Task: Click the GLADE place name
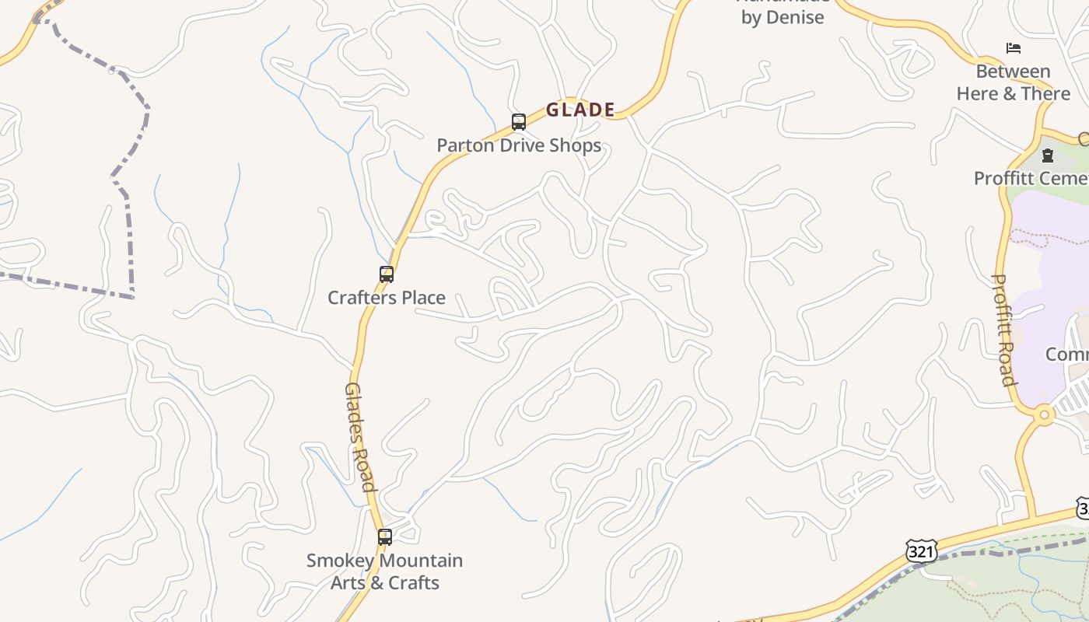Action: click(x=580, y=110)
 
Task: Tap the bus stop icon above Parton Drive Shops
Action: click(x=519, y=122)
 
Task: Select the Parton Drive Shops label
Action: click(x=519, y=145)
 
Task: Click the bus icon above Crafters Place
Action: click(x=387, y=274)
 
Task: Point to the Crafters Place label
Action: click(x=387, y=298)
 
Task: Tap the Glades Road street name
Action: click(x=360, y=437)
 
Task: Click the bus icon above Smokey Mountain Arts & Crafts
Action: click(x=385, y=537)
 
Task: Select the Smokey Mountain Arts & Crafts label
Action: click(x=385, y=571)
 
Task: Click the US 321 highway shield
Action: click(x=921, y=551)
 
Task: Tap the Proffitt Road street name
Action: click(x=1004, y=330)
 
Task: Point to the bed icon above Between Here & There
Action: click(x=1014, y=48)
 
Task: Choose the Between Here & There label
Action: click(x=1014, y=82)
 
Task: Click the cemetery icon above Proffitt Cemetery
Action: click(x=1048, y=155)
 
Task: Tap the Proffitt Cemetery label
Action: click(x=1031, y=178)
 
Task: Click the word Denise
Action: click(x=795, y=17)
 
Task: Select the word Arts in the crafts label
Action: click(x=349, y=583)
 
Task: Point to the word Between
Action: click(x=1014, y=72)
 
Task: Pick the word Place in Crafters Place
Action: click(x=420, y=298)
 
